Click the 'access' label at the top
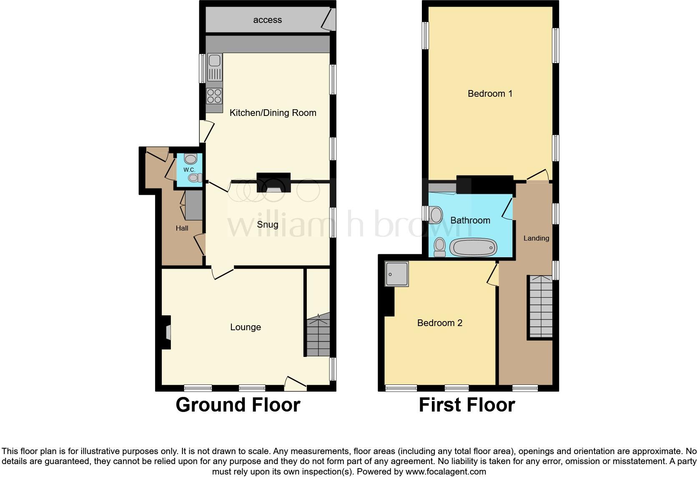(x=267, y=20)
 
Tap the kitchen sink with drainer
(x=215, y=67)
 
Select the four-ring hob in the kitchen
(x=214, y=96)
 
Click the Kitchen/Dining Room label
(x=273, y=113)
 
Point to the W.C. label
(x=189, y=170)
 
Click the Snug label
(x=267, y=224)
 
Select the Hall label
(x=182, y=228)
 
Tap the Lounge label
(x=246, y=327)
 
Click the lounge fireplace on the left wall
(x=166, y=332)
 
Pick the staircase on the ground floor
(x=318, y=336)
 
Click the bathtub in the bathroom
(x=473, y=248)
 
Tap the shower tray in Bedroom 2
(x=396, y=273)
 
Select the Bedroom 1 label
(x=490, y=93)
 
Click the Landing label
(x=536, y=238)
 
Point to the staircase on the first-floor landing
(x=541, y=306)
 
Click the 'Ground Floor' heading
(x=238, y=405)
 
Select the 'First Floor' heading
(x=466, y=405)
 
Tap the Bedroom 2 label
(x=440, y=323)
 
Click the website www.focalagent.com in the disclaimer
(x=446, y=472)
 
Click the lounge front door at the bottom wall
(x=296, y=384)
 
